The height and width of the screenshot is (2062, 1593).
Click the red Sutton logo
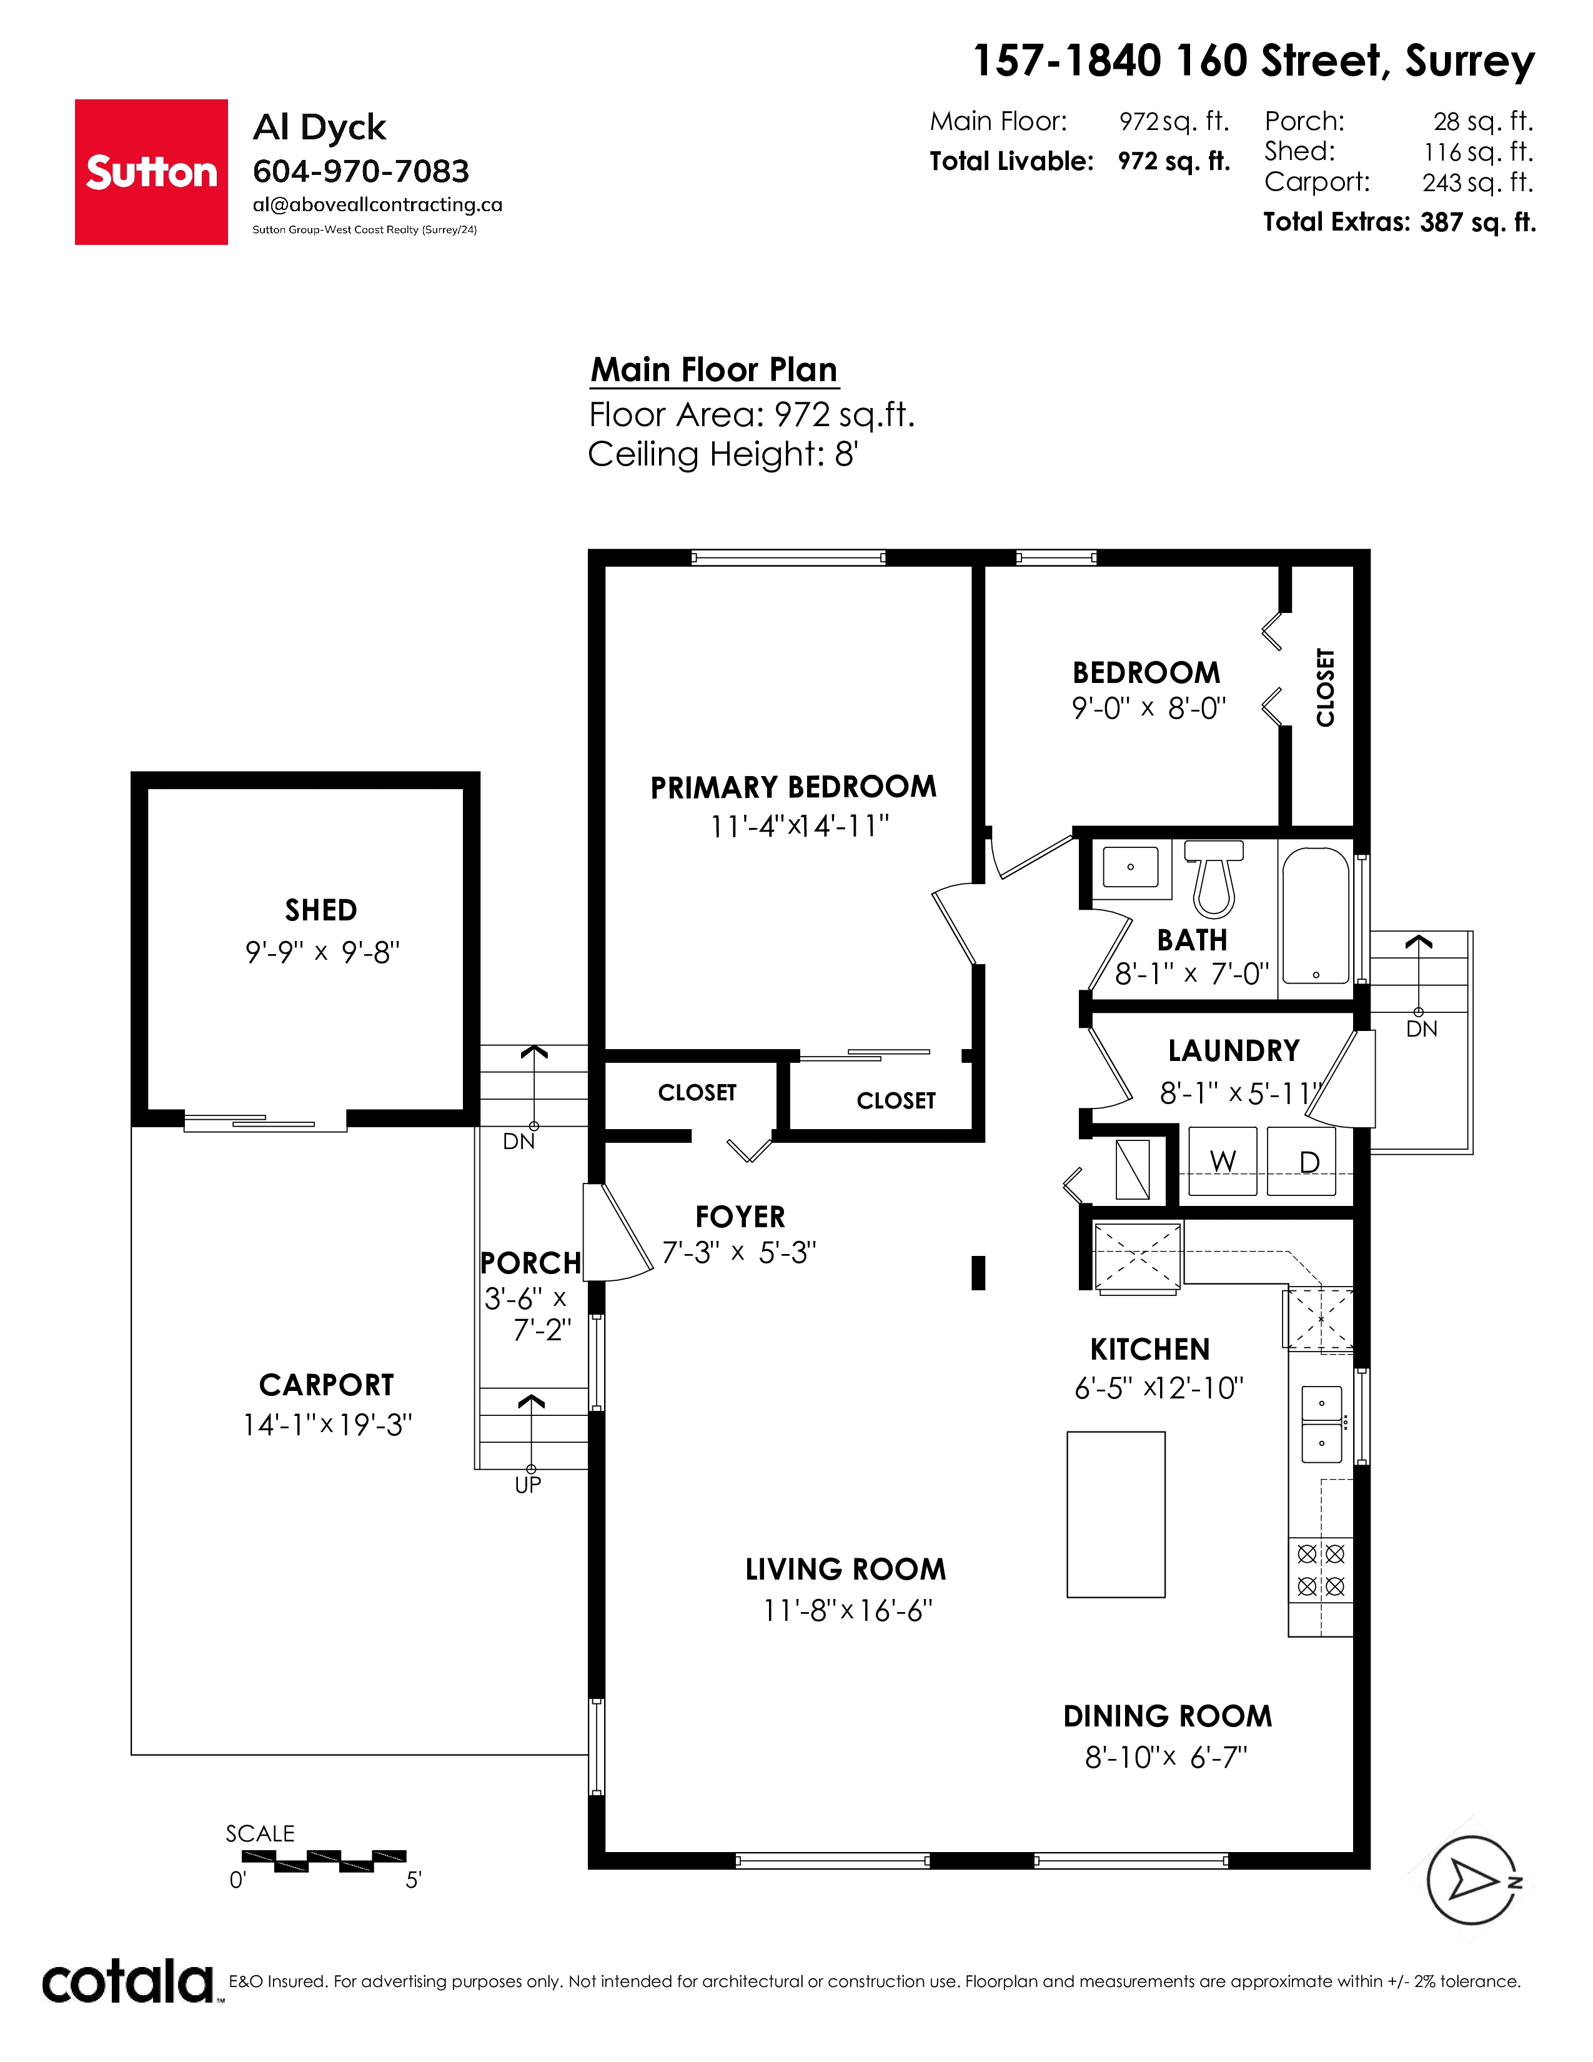tap(151, 172)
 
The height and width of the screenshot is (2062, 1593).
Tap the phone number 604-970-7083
tap(360, 171)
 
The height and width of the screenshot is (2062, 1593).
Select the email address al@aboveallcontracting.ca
tap(377, 205)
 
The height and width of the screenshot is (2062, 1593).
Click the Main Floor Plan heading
tap(715, 369)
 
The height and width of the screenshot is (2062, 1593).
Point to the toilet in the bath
tap(1214, 878)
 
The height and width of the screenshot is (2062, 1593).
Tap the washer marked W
tap(1223, 1162)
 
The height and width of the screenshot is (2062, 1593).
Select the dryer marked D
tap(1301, 1162)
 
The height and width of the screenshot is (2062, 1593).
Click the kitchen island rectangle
tap(1116, 1515)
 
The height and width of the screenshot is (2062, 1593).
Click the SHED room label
tap(321, 910)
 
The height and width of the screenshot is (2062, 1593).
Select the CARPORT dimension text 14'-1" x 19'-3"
tap(327, 1424)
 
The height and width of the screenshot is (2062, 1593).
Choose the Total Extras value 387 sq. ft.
tap(1478, 223)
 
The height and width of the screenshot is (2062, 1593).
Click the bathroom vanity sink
tap(1131, 867)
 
